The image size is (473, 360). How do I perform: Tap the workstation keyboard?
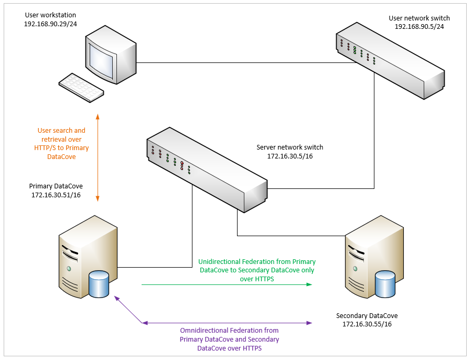[81, 87]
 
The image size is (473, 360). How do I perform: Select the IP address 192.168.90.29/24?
[50, 25]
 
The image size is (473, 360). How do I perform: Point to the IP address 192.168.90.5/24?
[419, 26]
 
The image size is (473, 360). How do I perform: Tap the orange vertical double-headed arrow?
[98, 157]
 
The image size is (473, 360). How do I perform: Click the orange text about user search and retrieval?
[61, 143]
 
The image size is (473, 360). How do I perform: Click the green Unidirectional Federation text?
[257, 270]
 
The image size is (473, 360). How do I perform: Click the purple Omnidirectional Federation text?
[229, 339]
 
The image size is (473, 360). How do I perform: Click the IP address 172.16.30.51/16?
[56, 195]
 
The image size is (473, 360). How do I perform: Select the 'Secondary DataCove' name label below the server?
[367, 315]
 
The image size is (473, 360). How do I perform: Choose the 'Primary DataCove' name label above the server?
[56, 186]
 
